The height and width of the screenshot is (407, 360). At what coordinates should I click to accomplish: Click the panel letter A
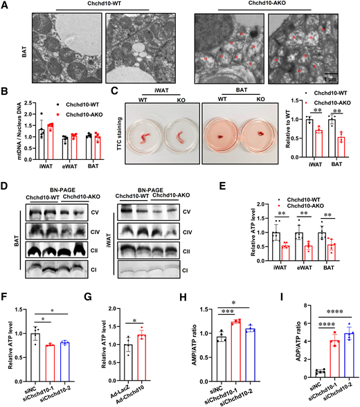(x=5, y=5)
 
